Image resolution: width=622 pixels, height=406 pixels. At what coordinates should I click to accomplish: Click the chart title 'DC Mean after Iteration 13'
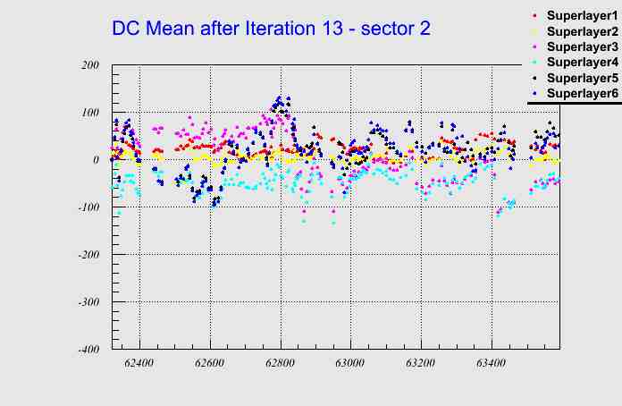pos(271,28)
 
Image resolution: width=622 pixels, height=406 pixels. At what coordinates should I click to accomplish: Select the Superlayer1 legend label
pos(582,16)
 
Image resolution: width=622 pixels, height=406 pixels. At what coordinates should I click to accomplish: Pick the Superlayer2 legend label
pos(582,31)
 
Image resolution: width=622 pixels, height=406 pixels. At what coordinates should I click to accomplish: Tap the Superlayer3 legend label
pos(582,47)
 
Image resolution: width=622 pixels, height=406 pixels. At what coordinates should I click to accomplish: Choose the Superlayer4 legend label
pos(582,62)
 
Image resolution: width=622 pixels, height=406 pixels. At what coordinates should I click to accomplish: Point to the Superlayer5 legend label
pos(582,78)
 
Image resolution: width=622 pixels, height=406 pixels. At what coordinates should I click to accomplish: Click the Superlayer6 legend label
pos(582,93)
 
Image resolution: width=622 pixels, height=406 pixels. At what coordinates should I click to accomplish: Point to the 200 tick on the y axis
pos(88,65)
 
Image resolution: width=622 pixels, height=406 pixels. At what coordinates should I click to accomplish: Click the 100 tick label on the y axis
pos(88,113)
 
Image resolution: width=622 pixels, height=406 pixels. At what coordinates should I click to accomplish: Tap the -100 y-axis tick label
pos(87,207)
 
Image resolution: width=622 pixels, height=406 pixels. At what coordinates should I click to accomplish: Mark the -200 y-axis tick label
pos(87,255)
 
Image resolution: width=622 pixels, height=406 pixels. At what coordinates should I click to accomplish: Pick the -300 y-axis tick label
pos(87,302)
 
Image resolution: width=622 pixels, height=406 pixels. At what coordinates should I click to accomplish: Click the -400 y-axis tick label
pos(87,350)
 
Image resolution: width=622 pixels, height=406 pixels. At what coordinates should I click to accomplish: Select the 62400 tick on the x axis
pos(139,364)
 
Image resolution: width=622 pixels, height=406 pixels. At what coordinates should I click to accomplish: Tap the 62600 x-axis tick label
pos(210,364)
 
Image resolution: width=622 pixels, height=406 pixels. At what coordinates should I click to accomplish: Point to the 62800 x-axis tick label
pos(281,364)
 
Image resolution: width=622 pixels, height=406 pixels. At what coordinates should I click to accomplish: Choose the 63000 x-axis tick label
pos(350,364)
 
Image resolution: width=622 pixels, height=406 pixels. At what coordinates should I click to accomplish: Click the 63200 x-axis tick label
pos(421,364)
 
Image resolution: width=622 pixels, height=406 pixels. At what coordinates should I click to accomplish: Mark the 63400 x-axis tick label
pos(492,364)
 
